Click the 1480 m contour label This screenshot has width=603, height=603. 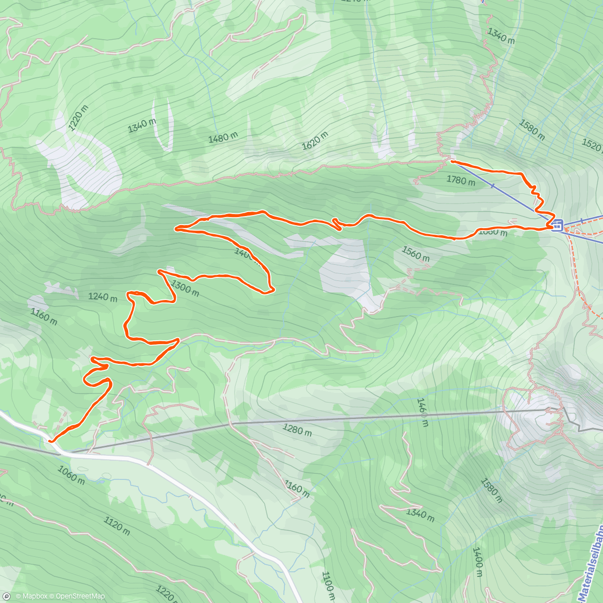tap(223, 137)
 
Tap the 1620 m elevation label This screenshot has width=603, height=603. tap(315, 141)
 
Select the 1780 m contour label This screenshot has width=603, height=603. tap(460, 180)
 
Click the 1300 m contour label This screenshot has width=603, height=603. tap(185, 288)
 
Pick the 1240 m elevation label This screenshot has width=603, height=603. tap(103, 296)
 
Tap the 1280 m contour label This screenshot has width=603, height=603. tap(297, 431)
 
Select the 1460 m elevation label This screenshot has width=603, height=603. tap(422, 412)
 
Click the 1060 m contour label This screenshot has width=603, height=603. tap(71, 474)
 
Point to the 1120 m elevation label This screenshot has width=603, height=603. tap(117, 525)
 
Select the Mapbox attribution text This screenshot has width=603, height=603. tap(31, 596)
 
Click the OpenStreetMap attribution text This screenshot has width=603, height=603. tap(77, 596)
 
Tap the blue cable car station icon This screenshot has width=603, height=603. tap(557, 226)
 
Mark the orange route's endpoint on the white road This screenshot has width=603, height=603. tap(51, 441)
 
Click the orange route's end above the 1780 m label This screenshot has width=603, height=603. tap(452, 161)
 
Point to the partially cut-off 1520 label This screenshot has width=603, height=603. tap(592, 145)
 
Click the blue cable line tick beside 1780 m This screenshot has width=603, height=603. tap(492, 186)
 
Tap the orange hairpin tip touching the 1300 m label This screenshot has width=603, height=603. tap(160, 271)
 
